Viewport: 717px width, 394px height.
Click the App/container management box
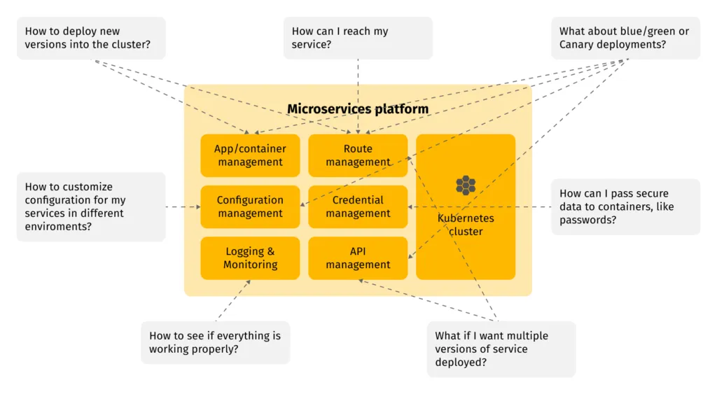250,155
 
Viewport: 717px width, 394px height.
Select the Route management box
358,155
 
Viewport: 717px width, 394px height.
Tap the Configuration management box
250,206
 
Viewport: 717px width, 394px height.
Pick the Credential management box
358,206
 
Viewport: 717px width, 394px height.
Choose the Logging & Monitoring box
250,258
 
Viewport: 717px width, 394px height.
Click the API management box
358,258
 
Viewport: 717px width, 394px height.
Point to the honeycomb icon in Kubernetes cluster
466,185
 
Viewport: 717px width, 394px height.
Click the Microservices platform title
358,109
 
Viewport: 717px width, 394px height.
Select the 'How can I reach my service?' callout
358,38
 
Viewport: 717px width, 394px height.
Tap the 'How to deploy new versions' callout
91,38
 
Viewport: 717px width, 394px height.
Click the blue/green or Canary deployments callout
625,38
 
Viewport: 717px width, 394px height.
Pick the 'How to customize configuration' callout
91,206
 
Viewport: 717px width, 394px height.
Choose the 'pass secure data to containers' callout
625,206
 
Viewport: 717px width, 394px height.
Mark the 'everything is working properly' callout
215,342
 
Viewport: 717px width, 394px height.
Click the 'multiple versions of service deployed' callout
501,349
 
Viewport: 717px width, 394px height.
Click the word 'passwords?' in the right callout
588,220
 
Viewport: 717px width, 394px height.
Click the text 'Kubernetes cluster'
466,225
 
